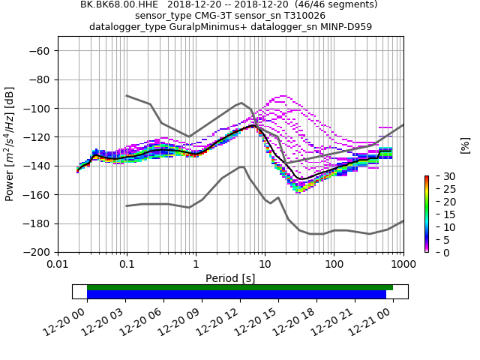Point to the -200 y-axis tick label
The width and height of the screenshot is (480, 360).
click(37, 252)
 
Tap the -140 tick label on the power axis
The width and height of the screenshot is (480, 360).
click(37, 166)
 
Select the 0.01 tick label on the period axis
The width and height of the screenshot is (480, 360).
click(58, 264)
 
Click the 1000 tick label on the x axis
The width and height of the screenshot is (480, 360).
click(403, 264)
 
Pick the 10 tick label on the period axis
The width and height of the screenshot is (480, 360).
click(265, 264)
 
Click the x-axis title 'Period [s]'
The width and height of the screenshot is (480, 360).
click(230, 278)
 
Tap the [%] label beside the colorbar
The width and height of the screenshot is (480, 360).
click(465, 145)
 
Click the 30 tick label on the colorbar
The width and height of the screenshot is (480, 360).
click(439, 176)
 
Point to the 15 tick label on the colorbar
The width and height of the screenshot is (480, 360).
click(439, 214)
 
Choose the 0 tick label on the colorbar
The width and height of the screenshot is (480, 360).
click(436, 253)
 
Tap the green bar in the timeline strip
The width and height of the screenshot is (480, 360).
click(240, 287)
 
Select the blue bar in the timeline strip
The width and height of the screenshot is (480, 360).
click(236, 295)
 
